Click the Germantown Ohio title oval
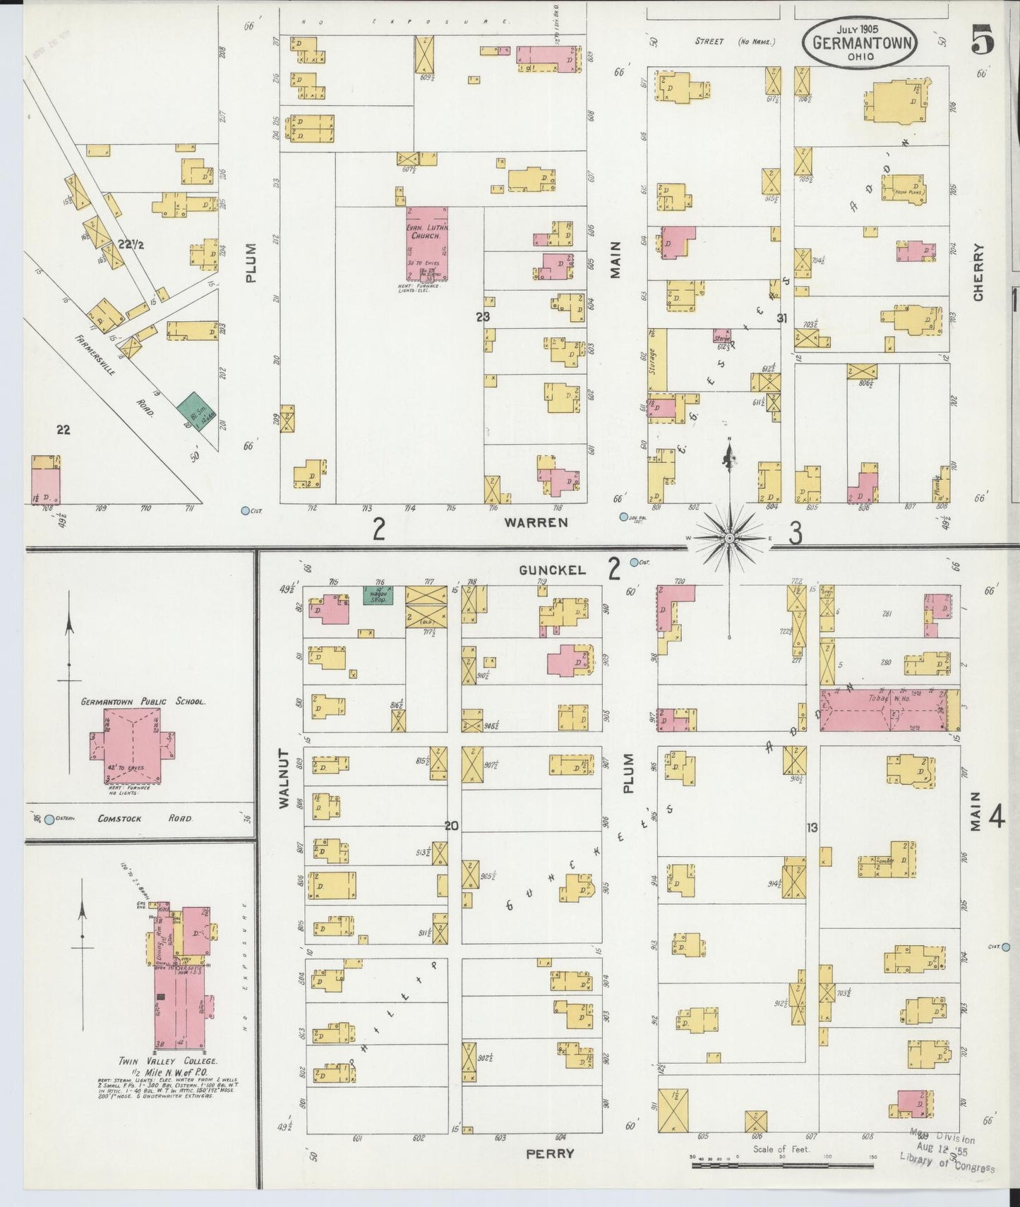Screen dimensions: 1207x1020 tap(859, 44)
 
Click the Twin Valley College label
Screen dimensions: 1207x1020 tap(167, 1061)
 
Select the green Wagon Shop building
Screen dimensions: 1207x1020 tap(378, 594)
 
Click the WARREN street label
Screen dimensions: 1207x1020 tap(536, 522)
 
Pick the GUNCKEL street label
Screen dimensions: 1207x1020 tap(553, 570)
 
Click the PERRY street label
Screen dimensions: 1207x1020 tap(550, 1153)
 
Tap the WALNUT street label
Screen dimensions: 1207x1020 tap(284, 777)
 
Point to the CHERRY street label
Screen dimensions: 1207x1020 tap(978, 272)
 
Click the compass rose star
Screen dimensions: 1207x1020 tap(729, 539)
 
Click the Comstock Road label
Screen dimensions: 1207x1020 tap(145, 819)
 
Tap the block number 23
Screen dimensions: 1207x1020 tap(482, 317)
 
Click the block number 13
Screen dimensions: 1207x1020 tap(812, 827)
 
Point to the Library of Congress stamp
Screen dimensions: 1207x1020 tap(946, 1153)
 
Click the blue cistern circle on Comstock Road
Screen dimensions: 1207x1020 tap(49, 819)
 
